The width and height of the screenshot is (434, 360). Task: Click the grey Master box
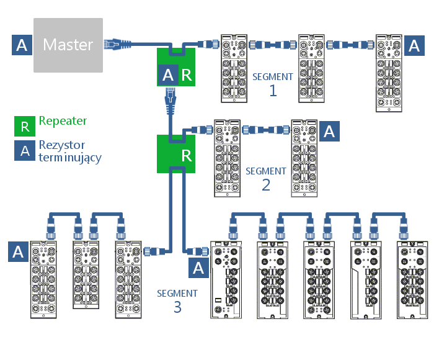pos(68,45)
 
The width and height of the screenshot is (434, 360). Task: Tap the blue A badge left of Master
pos(22,45)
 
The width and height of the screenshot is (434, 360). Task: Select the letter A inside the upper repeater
pos(167,76)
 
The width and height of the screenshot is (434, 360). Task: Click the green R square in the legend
pos(25,127)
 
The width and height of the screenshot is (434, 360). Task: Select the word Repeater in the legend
pos(63,121)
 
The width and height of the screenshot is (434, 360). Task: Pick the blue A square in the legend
pos(25,151)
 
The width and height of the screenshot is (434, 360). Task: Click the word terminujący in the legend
pos(69,158)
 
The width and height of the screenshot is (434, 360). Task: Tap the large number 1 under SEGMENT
pos(273,91)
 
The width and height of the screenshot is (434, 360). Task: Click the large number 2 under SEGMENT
pos(266,184)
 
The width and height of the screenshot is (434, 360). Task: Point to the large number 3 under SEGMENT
pos(177,307)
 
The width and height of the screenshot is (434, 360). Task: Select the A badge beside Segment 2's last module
pos(329,131)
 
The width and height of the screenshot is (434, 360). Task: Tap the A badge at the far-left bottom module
pos(19,251)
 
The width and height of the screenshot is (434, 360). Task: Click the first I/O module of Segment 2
pos(228,158)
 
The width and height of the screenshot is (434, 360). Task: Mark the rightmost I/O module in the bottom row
pos(412,281)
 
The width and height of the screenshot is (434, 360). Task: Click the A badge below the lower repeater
pos(198,268)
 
